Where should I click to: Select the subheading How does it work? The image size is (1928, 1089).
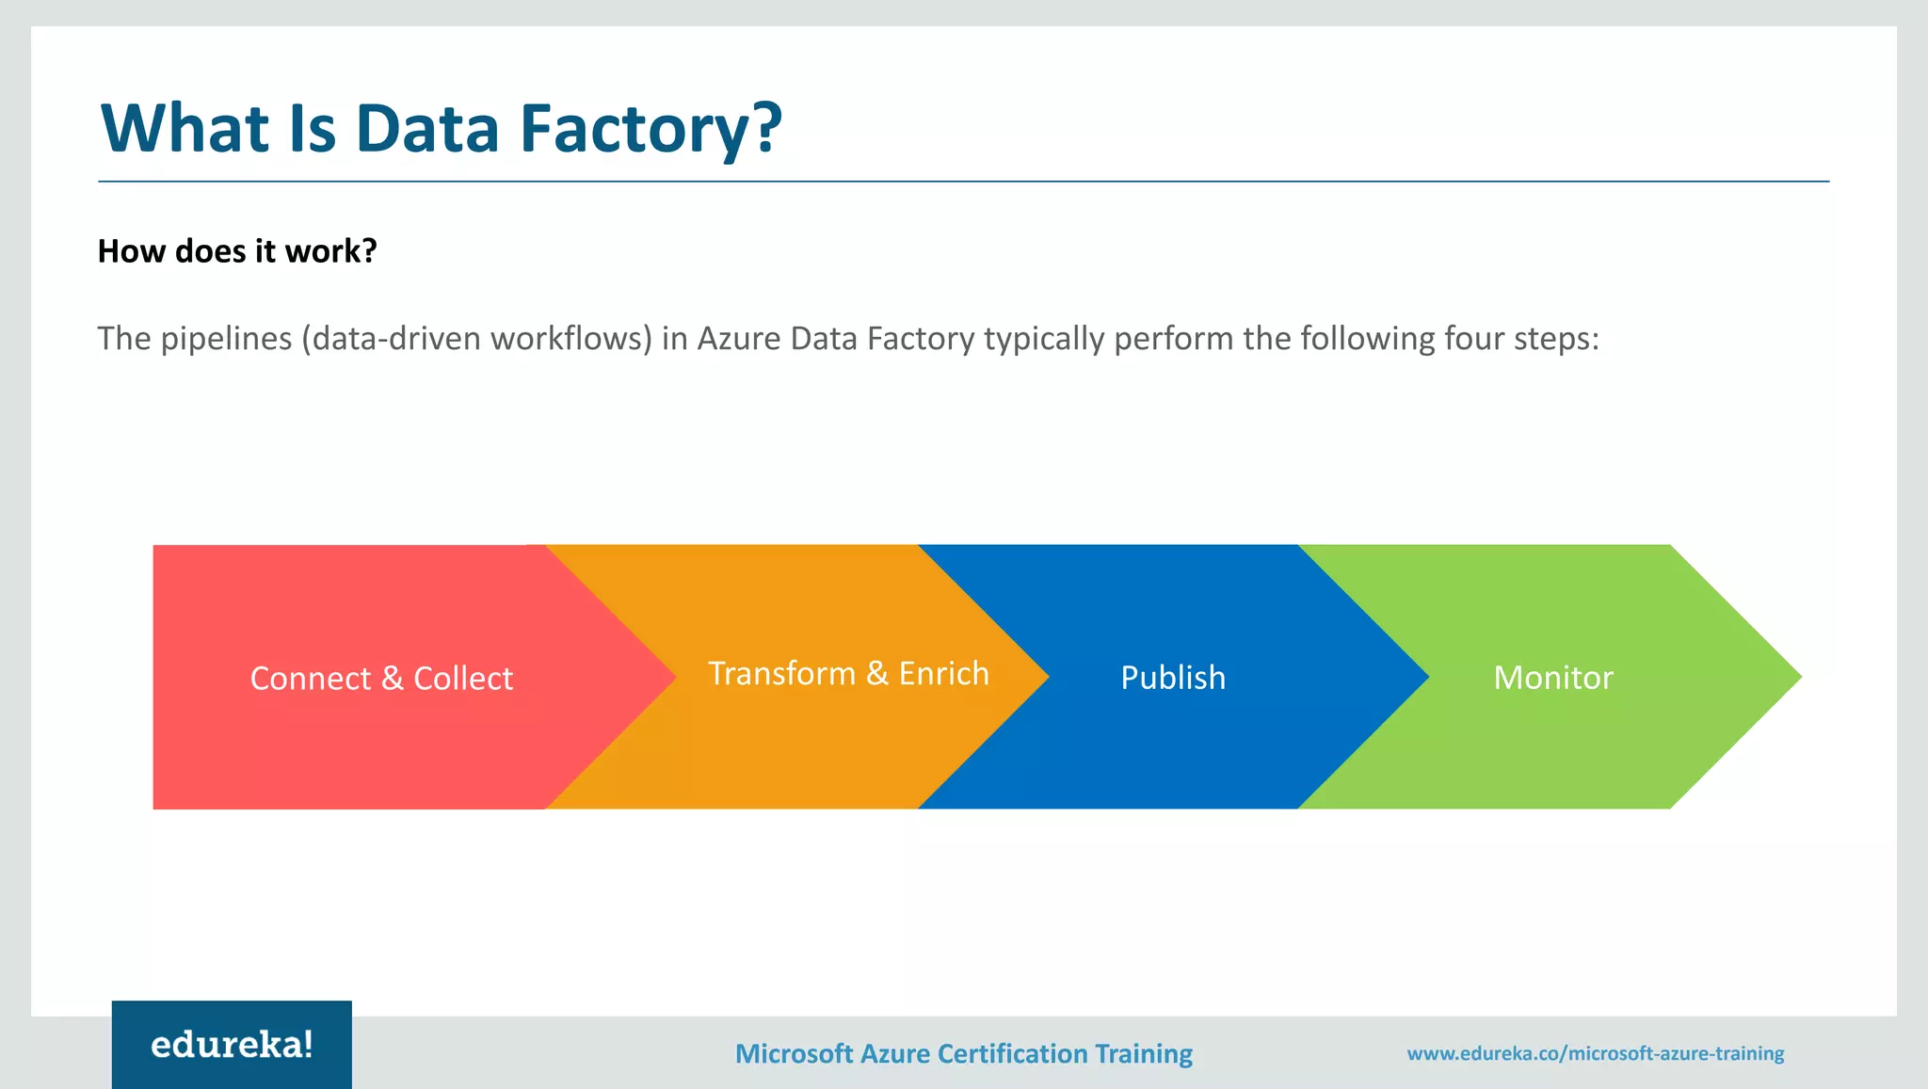[237, 251]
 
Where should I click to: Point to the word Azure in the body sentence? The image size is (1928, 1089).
[739, 338]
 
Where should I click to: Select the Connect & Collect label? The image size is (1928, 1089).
[381, 679]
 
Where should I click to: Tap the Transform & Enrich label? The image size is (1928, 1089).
[848, 674]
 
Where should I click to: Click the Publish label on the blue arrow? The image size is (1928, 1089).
[1173, 678]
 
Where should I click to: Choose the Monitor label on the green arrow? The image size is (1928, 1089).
[1553, 678]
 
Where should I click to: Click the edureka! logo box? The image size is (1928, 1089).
[232, 1044]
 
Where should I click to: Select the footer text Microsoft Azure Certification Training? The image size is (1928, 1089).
[963, 1053]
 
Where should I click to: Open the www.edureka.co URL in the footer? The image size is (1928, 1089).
[1595, 1053]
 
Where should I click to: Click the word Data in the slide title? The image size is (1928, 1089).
[426, 128]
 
